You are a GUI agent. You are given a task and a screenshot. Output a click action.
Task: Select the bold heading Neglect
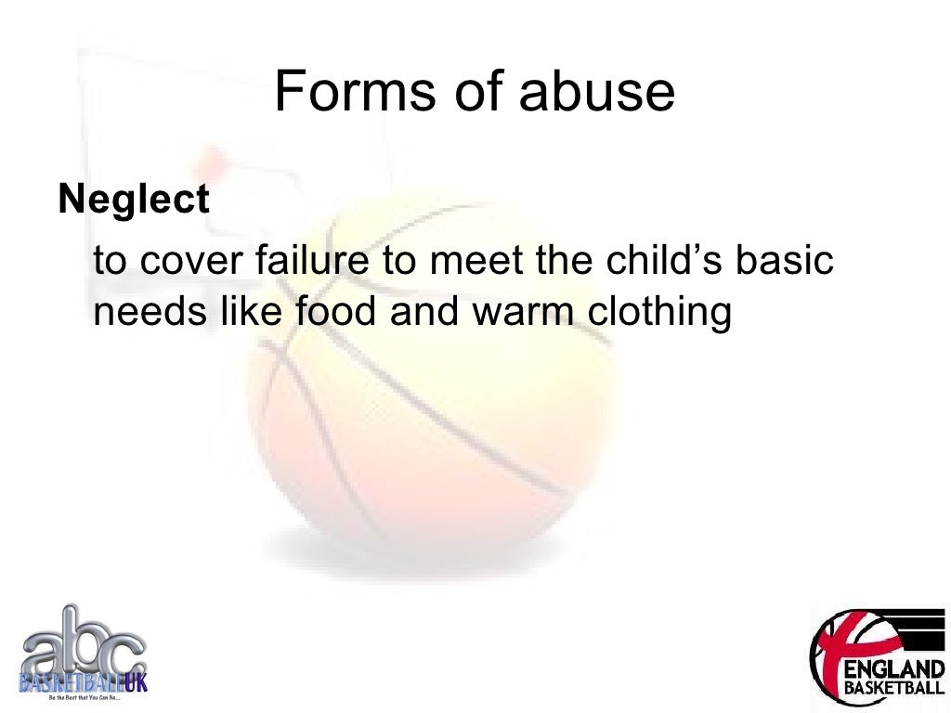(134, 200)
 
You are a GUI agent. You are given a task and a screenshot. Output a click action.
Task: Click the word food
(337, 313)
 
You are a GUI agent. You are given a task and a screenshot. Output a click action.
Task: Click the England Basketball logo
(877, 657)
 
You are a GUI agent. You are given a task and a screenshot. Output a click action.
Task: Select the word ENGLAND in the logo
(892, 668)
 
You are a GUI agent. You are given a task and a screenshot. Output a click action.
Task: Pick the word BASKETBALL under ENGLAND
(892, 689)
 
